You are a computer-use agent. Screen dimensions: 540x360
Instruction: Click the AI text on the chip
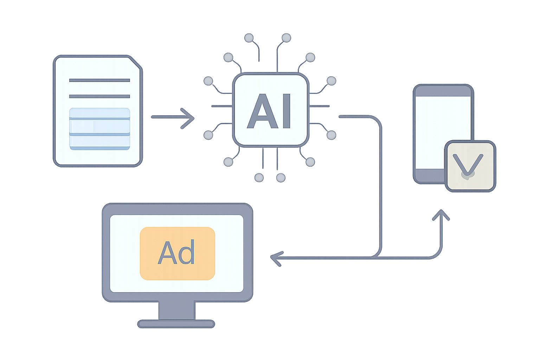(269, 111)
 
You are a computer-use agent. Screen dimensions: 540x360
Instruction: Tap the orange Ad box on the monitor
(178, 253)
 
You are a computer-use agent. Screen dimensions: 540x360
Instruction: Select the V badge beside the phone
(470, 166)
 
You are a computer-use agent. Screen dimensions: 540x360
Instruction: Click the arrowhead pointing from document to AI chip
(187, 118)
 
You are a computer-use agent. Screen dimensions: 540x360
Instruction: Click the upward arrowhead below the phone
(441, 215)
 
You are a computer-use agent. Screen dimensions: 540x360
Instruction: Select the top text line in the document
(99, 80)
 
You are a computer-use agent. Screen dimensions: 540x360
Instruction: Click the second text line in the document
(99, 96)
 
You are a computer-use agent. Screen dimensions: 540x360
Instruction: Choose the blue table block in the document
(99, 129)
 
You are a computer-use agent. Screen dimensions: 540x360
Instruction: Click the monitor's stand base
(176, 324)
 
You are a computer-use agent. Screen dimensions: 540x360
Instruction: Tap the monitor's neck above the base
(177, 310)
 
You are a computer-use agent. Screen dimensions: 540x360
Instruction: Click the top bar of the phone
(443, 91)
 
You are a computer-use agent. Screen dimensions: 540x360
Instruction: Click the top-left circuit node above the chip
(249, 38)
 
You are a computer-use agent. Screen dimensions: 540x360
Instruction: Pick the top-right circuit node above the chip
(286, 38)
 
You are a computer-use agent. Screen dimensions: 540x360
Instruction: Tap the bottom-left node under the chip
(259, 178)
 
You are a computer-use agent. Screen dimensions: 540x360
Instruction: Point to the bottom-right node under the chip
(281, 178)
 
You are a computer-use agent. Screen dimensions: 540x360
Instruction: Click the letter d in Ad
(187, 252)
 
